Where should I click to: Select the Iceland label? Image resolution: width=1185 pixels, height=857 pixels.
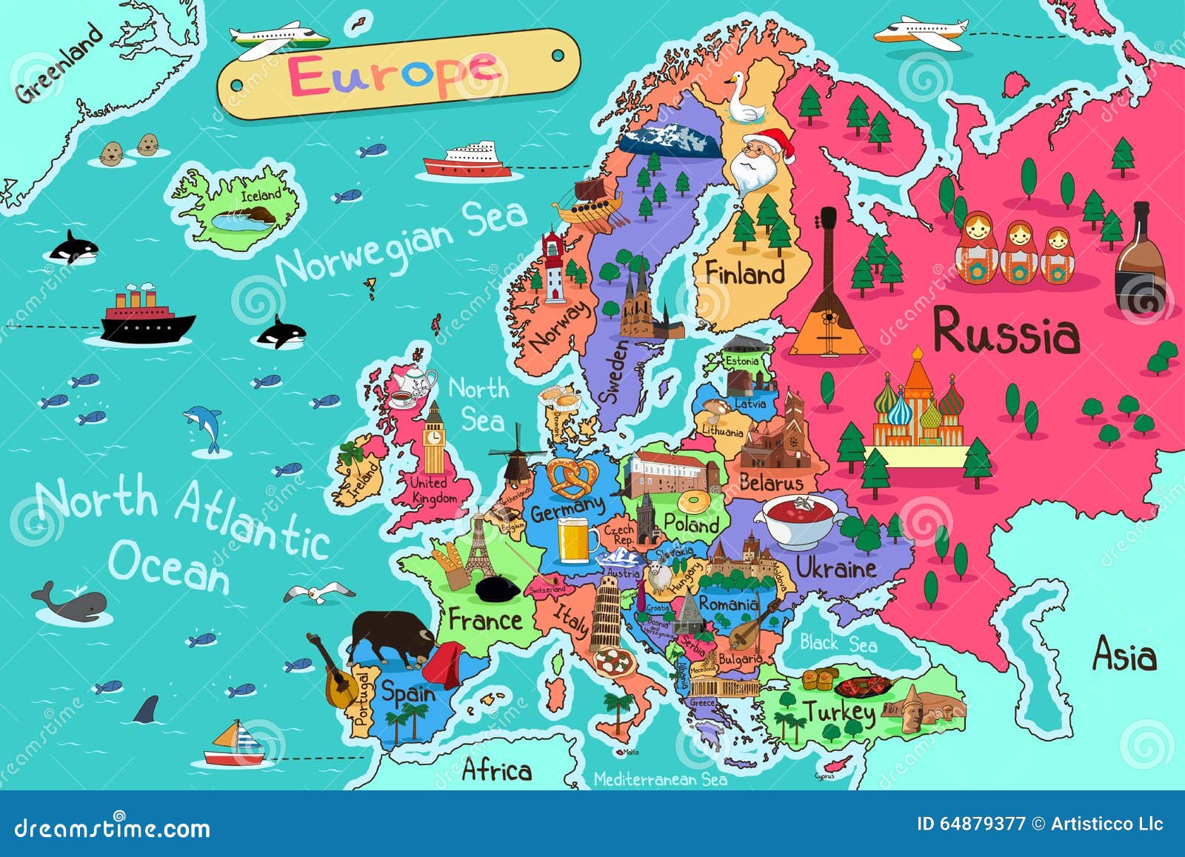tap(261, 195)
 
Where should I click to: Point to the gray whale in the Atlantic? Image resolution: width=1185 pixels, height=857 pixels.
tap(73, 604)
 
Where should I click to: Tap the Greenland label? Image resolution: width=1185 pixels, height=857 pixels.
tap(59, 64)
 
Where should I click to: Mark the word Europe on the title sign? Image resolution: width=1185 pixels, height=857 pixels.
tap(393, 74)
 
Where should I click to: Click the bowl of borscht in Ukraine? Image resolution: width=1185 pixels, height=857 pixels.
tap(800, 518)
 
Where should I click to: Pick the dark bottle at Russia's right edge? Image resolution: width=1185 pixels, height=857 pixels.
tap(1139, 259)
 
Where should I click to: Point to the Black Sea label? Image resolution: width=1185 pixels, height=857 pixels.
tap(838, 643)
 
